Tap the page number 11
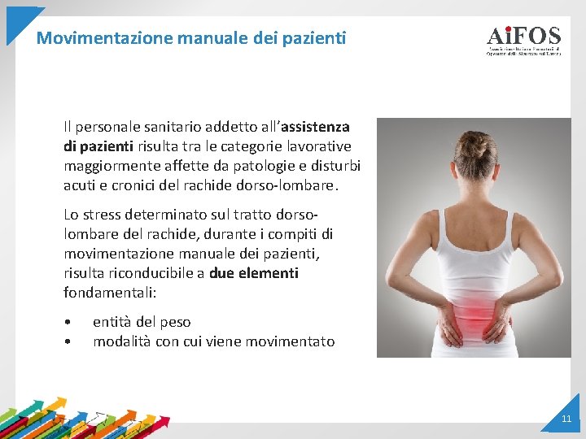(x=566, y=419)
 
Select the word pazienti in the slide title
(x=313, y=37)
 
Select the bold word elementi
(x=269, y=273)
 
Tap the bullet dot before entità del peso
(x=72, y=323)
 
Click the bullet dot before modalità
(x=72, y=342)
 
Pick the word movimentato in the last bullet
(x=294, y=341)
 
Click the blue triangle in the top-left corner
(x=20, y=20)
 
